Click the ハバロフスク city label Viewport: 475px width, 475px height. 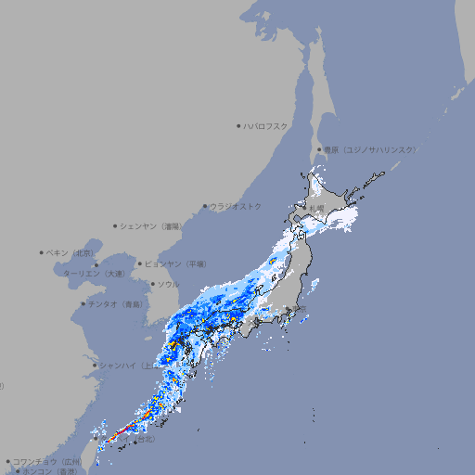coord(267,125)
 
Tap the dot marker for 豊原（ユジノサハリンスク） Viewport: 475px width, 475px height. coord(319,149)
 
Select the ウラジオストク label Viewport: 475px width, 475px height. coord(236,206)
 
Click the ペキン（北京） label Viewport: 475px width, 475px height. coord(71,252)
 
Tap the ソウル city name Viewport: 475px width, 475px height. coord(168,284)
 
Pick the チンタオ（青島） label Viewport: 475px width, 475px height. coord(116,303)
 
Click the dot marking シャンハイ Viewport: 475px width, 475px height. coord(95,365)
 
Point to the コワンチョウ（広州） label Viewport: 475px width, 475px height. coord(47,461)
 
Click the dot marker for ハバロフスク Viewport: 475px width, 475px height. coord(238,125)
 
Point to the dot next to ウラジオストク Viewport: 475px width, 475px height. coord(205,206)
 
